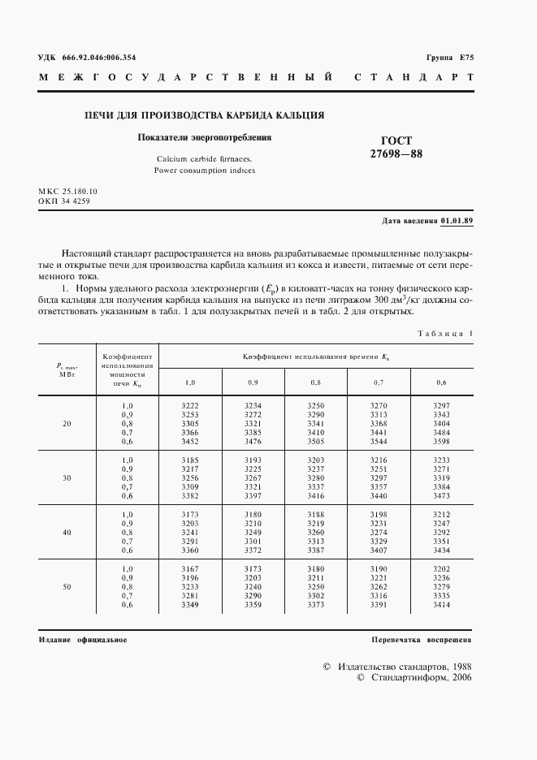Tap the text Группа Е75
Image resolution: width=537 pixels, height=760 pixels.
(449, 58)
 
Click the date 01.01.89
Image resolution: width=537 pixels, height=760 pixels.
(457, 221)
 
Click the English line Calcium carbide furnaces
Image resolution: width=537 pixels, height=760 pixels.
(204, 159)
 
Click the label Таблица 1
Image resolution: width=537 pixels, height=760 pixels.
(444, 334)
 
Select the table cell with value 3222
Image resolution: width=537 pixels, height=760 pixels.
(189, 405)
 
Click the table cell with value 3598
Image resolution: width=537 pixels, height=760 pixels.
(441, 442)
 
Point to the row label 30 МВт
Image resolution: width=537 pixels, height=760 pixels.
(67, 477)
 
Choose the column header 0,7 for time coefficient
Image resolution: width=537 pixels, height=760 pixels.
(379, 382)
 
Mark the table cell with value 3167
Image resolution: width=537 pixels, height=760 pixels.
(189, 568)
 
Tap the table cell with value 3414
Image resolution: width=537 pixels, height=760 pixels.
(441, 605)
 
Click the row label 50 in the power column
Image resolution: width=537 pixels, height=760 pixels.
(67, 586)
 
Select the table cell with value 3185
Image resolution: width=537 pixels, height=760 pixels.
(189, 460)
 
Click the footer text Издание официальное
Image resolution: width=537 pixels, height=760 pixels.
(82, 640)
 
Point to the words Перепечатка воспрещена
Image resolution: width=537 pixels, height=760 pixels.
(422, 640)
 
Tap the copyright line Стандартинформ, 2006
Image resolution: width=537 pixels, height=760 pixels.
(420, 677)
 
